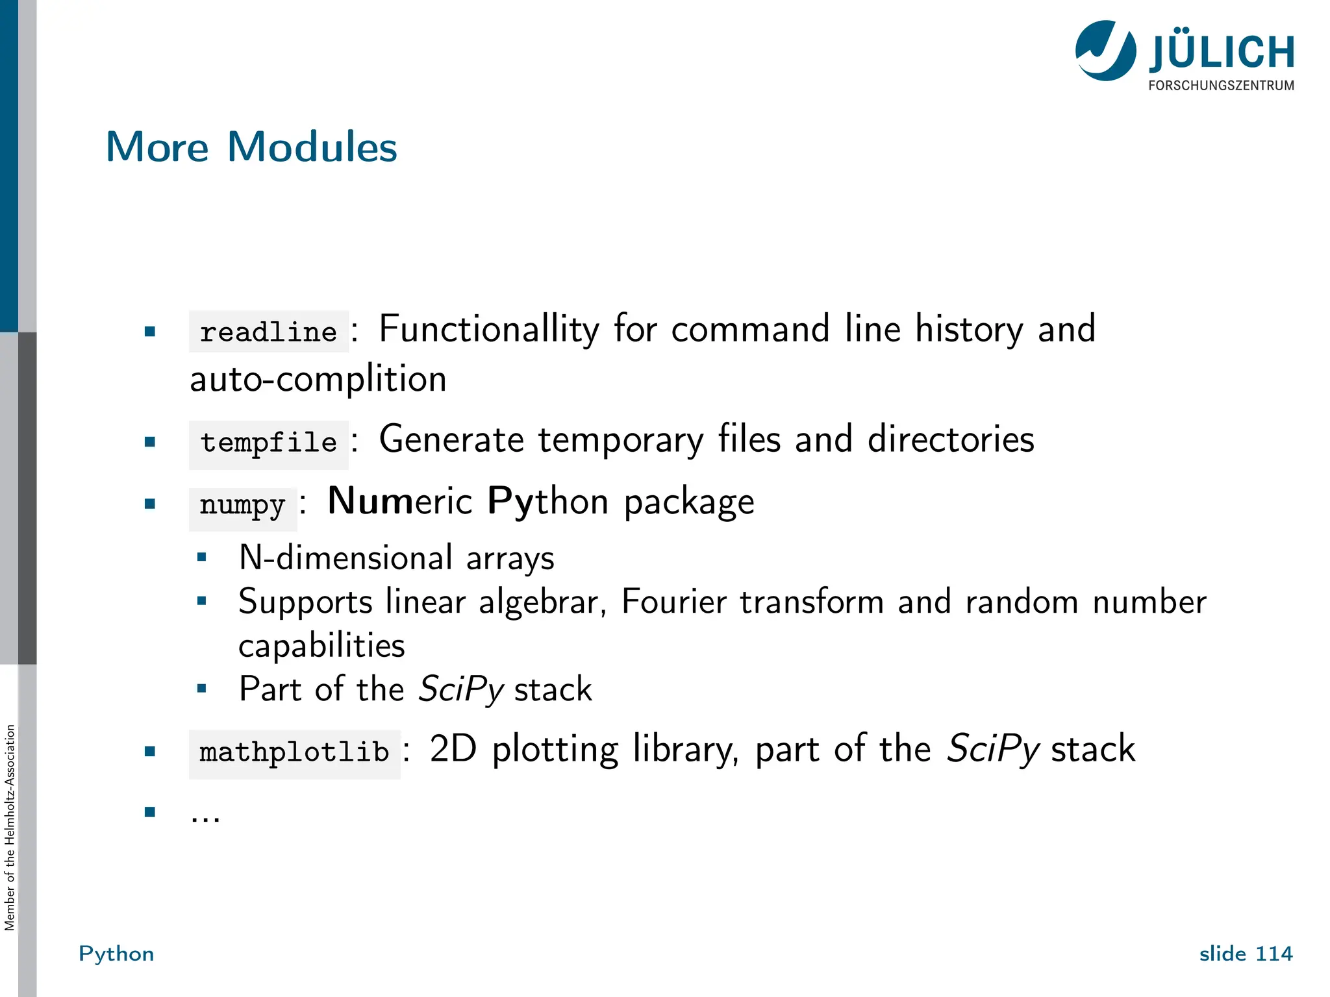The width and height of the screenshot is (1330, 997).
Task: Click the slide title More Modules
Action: pos(251,147)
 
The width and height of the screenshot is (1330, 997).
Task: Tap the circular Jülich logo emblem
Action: pos(1105,51)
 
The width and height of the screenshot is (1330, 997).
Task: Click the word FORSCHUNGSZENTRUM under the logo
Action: pos(1221,86)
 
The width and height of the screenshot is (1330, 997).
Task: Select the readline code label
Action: pos(268,332)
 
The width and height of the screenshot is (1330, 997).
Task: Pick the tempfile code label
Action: pos(268,443)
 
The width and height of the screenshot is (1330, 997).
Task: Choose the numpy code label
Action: pos(242,505)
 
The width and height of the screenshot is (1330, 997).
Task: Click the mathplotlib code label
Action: pos(294,753)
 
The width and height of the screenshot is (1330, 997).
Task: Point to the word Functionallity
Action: pos(488,329)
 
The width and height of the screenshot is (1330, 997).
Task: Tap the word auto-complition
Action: pos(318,379)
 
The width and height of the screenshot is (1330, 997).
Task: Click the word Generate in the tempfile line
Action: pos(451,439)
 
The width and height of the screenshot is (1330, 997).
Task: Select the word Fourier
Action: pos(673,602)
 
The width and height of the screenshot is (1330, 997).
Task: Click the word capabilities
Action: pos(321,646)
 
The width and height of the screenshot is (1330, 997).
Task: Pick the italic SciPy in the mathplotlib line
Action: pos(993,750)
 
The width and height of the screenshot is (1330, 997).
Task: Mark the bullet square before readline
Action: pos(150,332)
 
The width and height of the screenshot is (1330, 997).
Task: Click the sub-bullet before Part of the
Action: pos(202,688)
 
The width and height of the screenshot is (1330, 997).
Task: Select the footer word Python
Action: pos(116,954)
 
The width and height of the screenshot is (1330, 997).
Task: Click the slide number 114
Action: pos(1274,954)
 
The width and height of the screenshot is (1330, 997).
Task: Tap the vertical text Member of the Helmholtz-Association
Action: pos(10,828)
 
